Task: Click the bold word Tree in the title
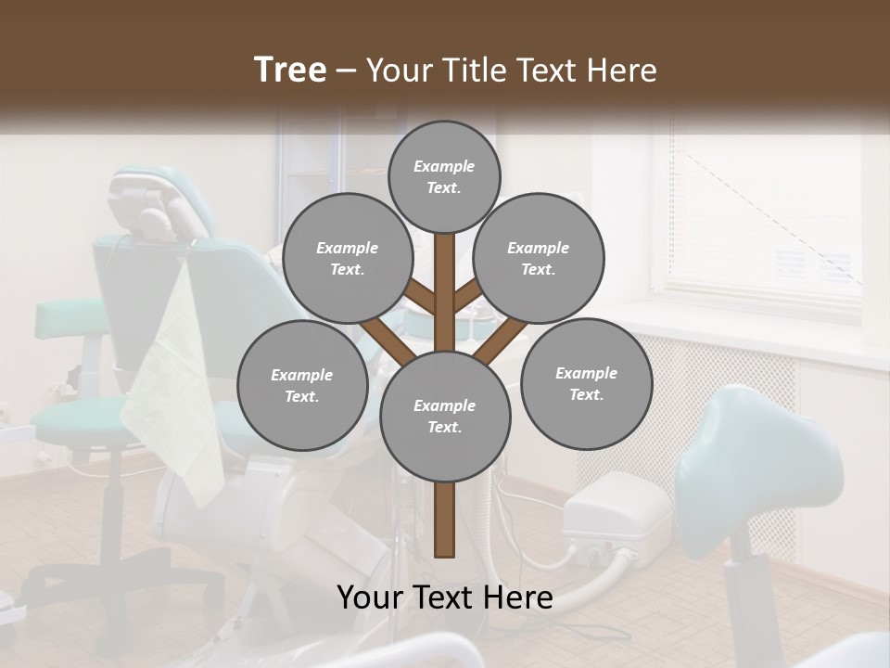coord(290,70)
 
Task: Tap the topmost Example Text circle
coord(444,176)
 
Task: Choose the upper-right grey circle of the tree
coord(539,258)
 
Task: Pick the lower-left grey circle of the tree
coord(302,385)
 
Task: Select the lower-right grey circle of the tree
coord(586,383)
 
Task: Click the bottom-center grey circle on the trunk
coord(444,417)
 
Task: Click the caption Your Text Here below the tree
coord(444,597)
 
